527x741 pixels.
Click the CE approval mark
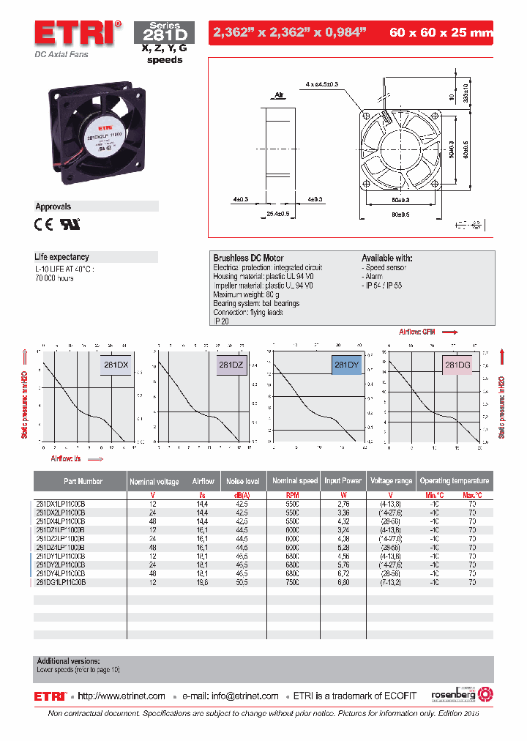(45, 225)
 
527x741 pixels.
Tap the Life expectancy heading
(62, 257)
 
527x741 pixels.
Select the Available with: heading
(386, 258)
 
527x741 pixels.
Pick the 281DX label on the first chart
(114, 364)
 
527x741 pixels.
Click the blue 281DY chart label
(346, 364)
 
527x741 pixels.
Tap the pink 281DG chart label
(457, 364)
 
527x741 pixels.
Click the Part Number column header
(83, 481)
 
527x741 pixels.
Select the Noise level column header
(243, 481)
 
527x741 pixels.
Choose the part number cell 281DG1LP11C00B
(61, 583)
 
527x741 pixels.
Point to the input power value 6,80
(343, 583)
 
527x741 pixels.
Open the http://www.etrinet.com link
(122, 696)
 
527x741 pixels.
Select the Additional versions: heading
(68, 661)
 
